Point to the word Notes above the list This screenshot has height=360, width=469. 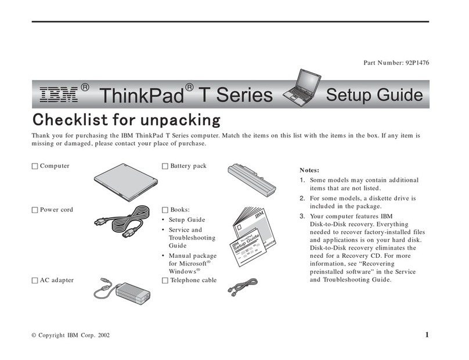[x=309, y=171]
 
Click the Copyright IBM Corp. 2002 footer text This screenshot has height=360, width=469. [x=70, y=336]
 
